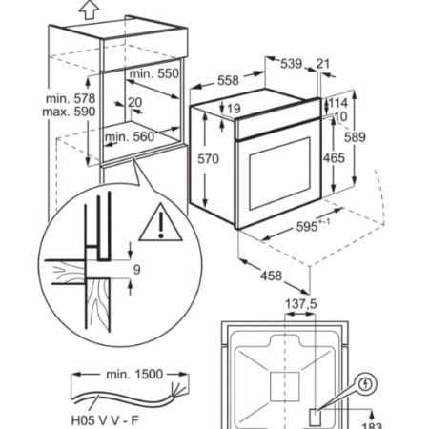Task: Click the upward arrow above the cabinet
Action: click(89, 10)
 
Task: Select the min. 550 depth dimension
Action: click(154, 73)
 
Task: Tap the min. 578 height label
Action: click(71, 98)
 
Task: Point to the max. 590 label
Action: click(69, 112)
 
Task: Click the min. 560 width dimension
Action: click(130, 137)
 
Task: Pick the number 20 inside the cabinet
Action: click(135, 102)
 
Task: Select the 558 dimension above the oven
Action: click(228, 80)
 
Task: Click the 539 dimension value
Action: click(291, 64)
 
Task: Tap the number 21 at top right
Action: click(323, 64)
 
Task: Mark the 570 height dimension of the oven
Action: click(208, 158)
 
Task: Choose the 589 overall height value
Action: click(355, 137)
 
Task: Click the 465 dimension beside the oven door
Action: click(334, 158)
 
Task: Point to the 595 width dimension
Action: click(307, 227)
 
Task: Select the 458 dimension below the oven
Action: click(271, 276)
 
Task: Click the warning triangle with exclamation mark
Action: click(161, 222)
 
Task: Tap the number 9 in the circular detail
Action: click(136, 270)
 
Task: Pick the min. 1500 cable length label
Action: click(134, 375)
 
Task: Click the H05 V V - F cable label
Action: click(105, 420)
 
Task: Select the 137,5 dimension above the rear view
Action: click(301, 304)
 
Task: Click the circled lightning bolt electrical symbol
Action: click(366, 384)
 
